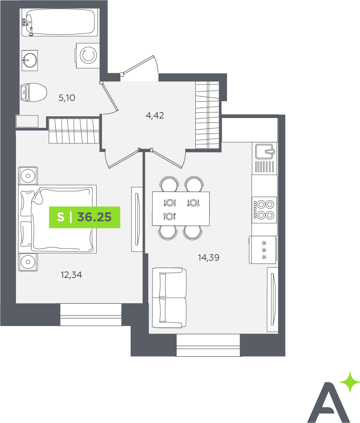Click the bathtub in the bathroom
click(59, 22)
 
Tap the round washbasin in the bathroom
click(29, 60)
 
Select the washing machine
click(88, 55)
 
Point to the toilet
click(34, 93)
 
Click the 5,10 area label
click(67, 98)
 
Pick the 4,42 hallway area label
click(155, 115)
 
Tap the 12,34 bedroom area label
click(71, 275)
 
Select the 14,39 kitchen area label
click(209, 258)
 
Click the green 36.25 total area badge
click(85, 217)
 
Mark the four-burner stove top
click(264, 210)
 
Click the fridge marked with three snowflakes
click(263, 250)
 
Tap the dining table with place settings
click(181, 208)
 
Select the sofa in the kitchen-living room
click(169, 298)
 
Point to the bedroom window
click(91, 314)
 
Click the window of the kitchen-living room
click(208, 345)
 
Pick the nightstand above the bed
click(28, 176)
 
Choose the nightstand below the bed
click(28, 262)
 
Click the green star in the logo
click(350, 382)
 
